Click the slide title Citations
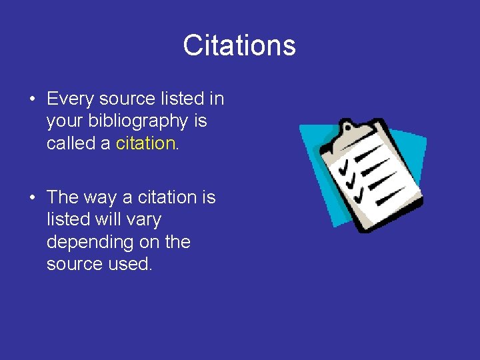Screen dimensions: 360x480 click(x=239, y=45)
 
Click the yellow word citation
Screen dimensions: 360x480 click(x=145, y=143)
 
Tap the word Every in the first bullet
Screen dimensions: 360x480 click(x=70, y=99)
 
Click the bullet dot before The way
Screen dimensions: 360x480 click(x=32, y=198)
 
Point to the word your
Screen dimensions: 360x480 click(x=65, y=121)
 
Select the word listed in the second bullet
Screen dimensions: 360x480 click(x=65, y=219)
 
